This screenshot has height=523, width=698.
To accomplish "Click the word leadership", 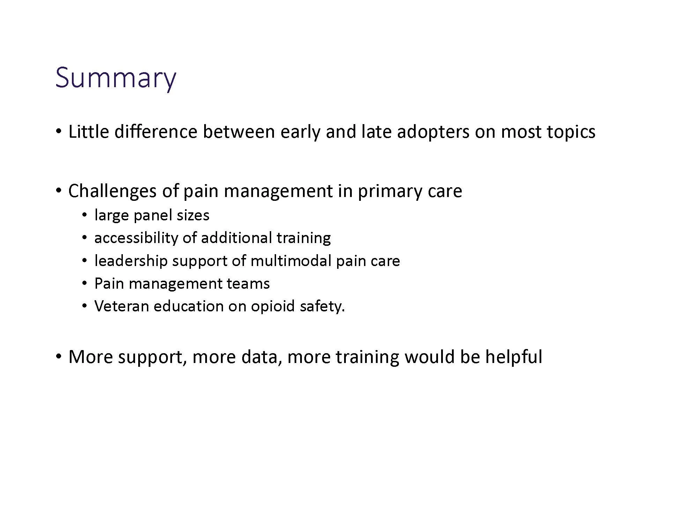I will coord(131,261).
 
